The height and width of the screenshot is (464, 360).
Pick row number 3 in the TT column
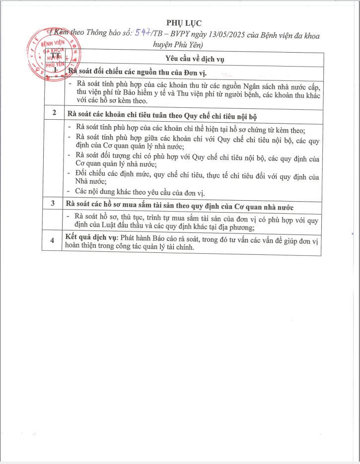pyautogui.click(x=53, y=204)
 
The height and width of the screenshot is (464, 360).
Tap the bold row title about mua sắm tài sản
pyautogui.click(x=179, y=204)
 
